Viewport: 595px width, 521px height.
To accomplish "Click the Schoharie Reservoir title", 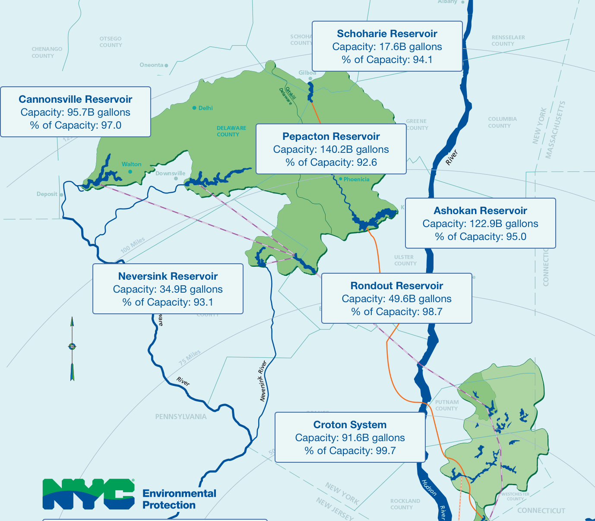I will click(x=387, y=34).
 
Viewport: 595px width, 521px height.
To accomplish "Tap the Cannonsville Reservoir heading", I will click(x=76, y=99).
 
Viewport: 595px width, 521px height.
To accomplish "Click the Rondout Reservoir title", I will click(x=396, y=286).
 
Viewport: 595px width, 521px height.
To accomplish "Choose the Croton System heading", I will click(x=350, y=425).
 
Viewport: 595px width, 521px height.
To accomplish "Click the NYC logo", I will click(x=89, y=493).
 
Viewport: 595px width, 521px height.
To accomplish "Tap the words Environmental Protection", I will click(x=179, y=499).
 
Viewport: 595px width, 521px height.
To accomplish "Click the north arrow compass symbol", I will click(x=72, y=347).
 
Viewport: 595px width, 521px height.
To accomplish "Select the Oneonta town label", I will click(x=152, y=65).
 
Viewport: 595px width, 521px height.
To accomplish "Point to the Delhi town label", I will click(x=206, y=108).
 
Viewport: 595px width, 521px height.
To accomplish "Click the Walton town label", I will click(x=131, y=164).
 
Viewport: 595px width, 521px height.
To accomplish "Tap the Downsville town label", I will click(x=170, y=174).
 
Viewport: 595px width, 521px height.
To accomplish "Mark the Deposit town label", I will click(x=47, y=194).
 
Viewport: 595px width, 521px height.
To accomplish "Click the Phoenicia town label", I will click(x=356, y=179).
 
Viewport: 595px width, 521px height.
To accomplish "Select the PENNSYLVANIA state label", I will click(x=181, y=417).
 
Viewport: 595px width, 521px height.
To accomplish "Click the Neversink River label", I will click(x=263, y=381).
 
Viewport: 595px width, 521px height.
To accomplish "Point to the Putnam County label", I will click(x=446, y=405).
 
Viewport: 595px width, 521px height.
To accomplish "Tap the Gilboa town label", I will click(x=307, y=73).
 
